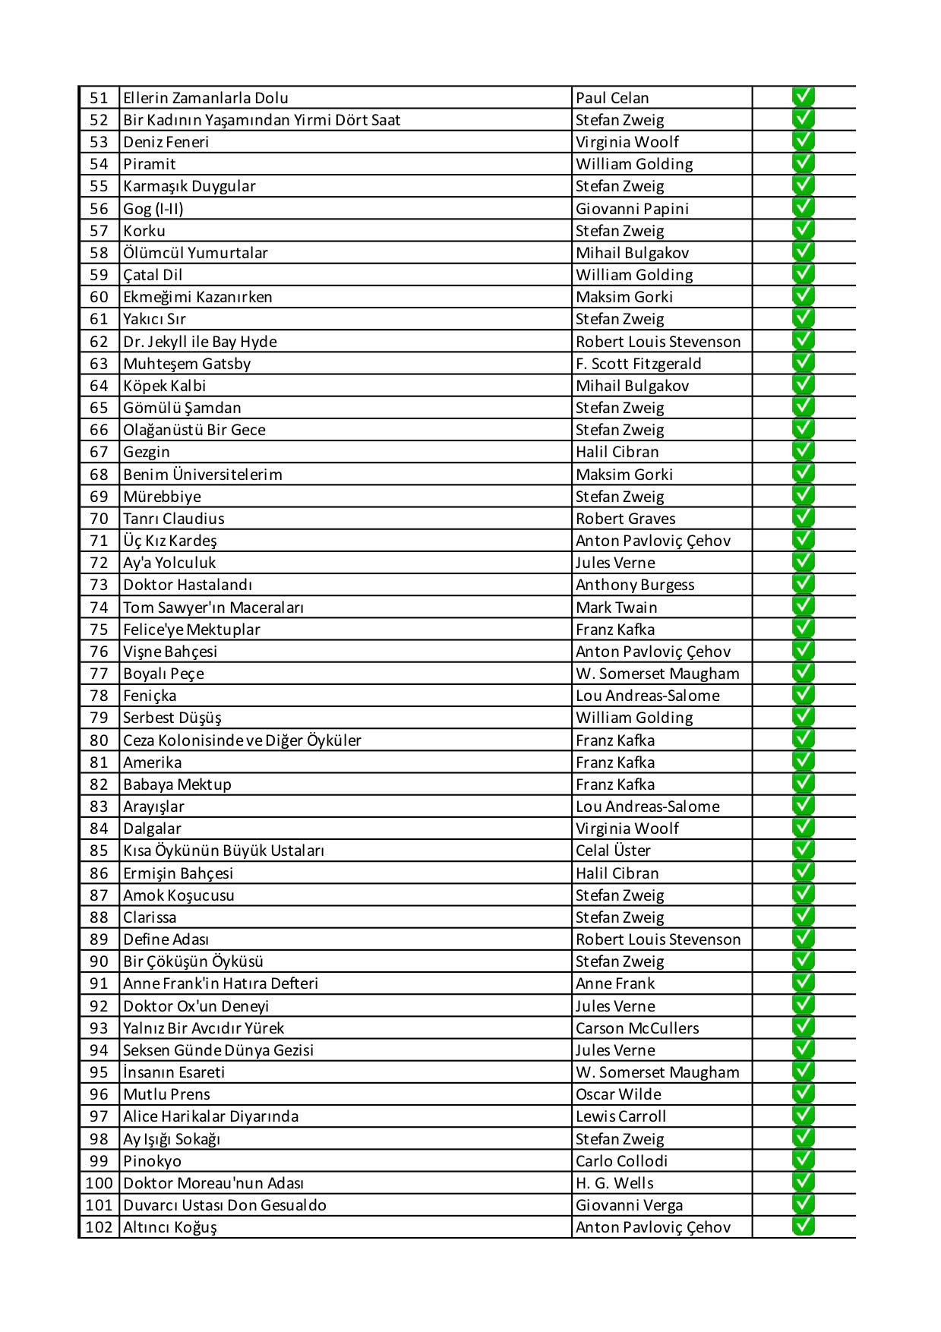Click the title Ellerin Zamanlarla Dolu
pos(206,98)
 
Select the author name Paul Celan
pos(612,98)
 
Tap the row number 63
pos(99,364)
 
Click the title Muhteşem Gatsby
pos(187,364)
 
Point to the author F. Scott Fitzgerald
pos(638,364)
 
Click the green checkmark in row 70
pos(803,518)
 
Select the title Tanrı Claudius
pos(174,519)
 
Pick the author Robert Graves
pos(625,519)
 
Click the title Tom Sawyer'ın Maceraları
pos(213,608)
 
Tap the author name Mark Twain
pos(616,608)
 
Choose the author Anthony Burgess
pos(635,585)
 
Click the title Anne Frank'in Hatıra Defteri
pos(220,983)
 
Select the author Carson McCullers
pos(637,1028)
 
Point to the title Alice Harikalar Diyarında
pos(211,1116)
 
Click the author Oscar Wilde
pos(618,1094)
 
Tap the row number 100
pos(99,1183)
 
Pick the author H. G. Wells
pos(614,1183)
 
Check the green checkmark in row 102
pos(803,1226)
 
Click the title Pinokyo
pos(153,1161)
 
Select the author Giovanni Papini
pos(632,209)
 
